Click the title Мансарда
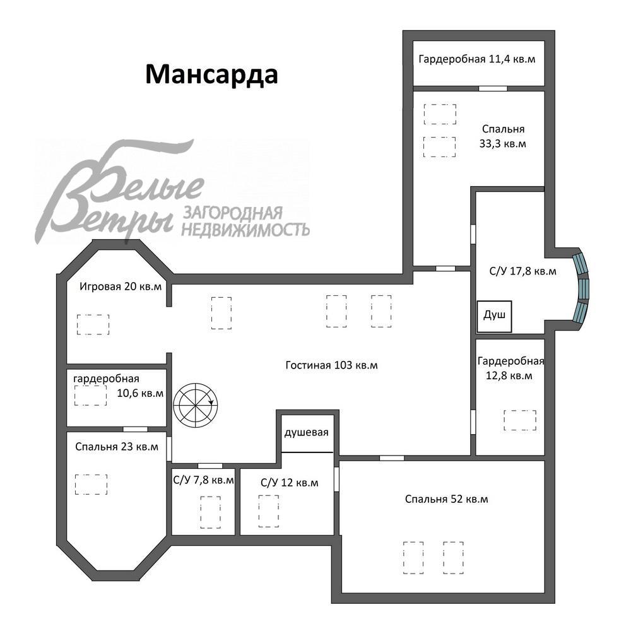211,75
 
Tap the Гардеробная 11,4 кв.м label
477,59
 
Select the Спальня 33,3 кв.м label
503,136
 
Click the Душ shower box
494,316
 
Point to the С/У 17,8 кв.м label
522,271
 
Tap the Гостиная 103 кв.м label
332,365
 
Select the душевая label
306,433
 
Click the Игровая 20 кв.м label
121,286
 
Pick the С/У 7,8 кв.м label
203,480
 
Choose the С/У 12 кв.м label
290,483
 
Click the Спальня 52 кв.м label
446,499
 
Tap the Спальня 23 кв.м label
117,447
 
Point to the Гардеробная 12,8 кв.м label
510,369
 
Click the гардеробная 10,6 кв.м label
119,386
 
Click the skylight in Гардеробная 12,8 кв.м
520,420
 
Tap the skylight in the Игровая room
93,325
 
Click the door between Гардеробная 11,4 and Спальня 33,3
493,88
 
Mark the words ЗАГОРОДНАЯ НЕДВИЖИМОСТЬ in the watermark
245,221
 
